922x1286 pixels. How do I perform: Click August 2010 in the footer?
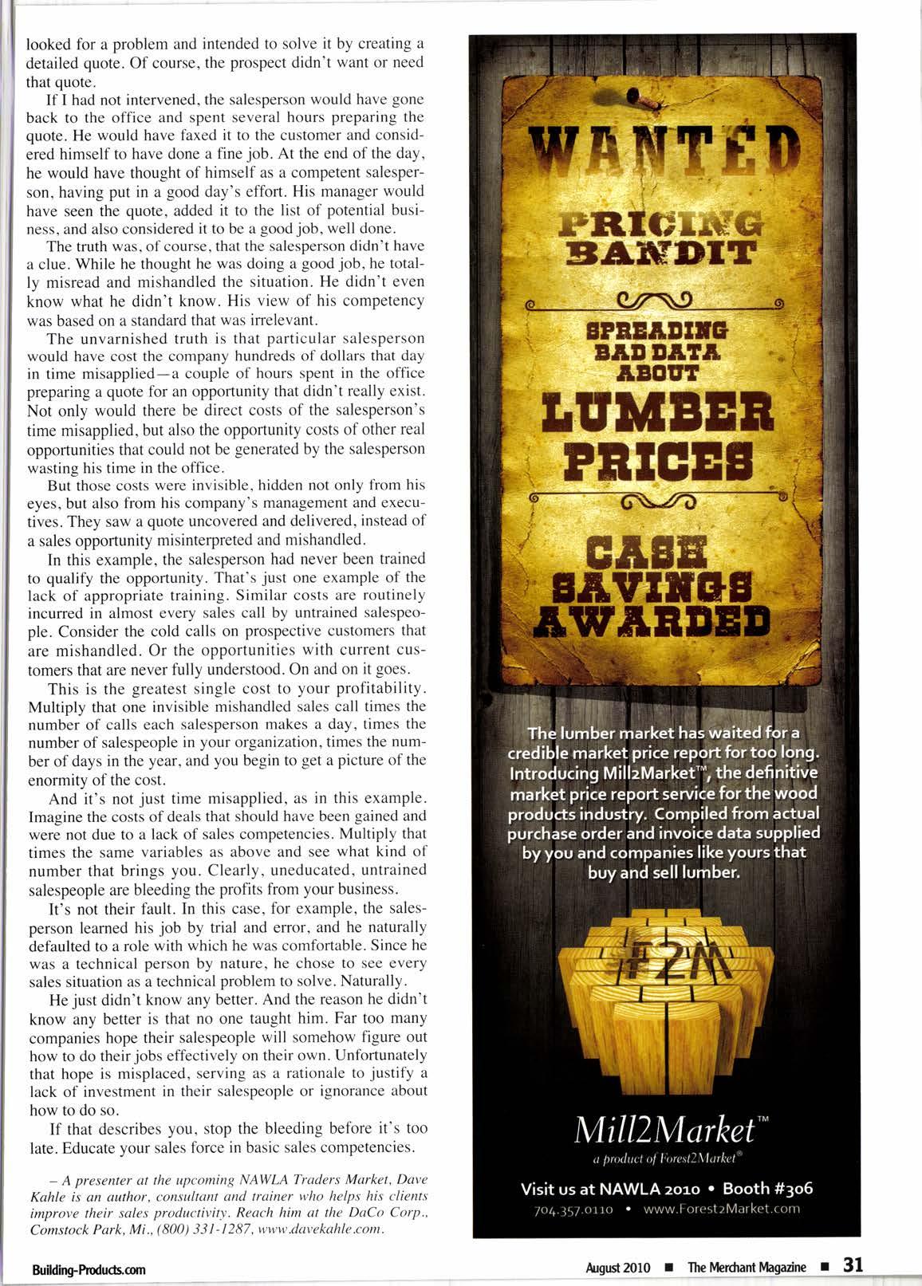coord(618,1267)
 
